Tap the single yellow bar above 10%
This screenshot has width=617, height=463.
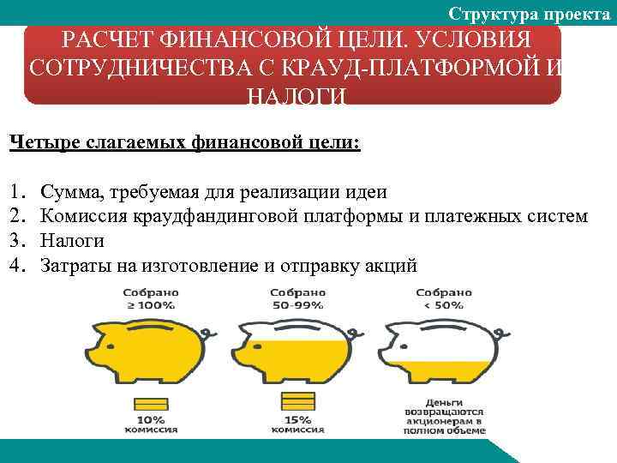153,402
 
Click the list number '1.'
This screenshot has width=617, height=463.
16,193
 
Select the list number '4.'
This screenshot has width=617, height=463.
17,265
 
